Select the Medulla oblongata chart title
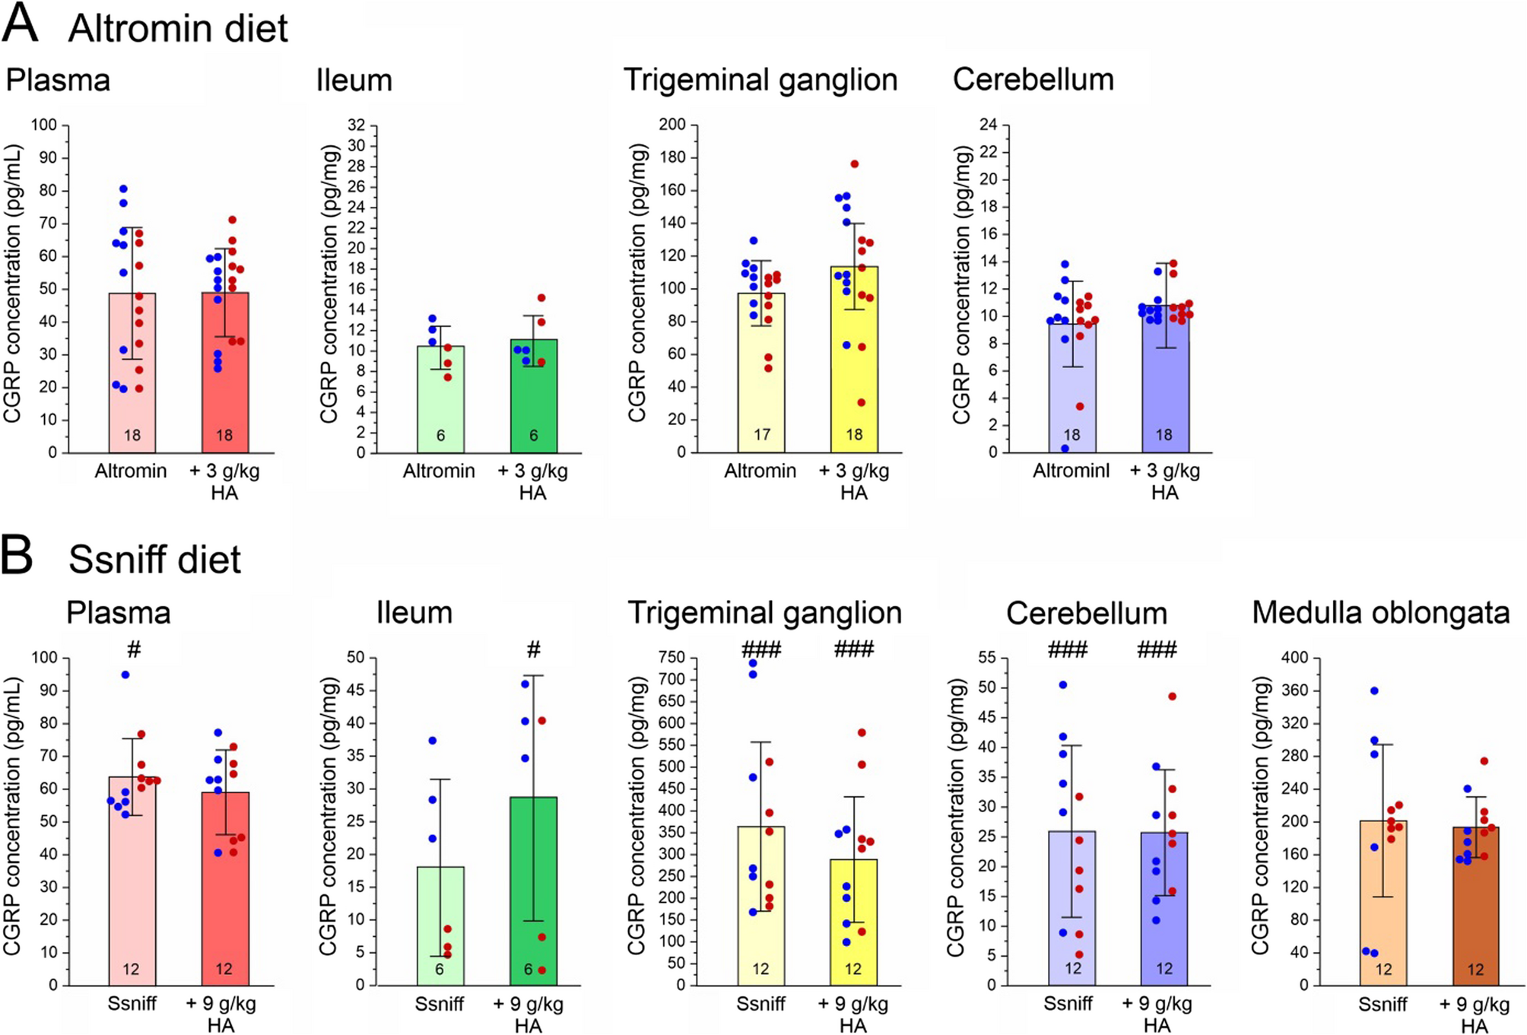1380,613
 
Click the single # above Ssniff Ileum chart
533,650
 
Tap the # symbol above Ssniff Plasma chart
134,650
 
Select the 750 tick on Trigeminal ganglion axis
673,658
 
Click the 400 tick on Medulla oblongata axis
1295,658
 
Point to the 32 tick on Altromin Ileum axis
357,125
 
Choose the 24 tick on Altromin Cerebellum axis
988,125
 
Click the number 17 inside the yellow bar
761,435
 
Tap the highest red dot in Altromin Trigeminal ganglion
854,164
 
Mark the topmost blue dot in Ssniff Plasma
125,675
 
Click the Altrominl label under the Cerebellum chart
1071,471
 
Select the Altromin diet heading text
178,29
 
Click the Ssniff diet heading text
154,560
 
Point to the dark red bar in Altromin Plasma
225,373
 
